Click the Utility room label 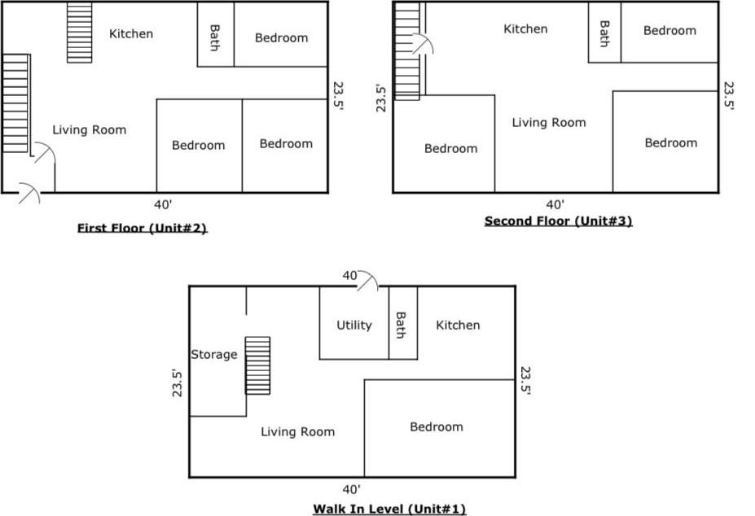point(354,326)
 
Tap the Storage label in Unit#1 point(213,355)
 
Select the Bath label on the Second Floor point(604,33)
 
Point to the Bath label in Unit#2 point(215,37)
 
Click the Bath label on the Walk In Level point(401,325)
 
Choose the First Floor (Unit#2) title point(142,228)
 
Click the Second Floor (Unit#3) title point(558,221)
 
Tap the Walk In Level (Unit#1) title point(389,509)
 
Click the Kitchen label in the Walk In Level point(458,326)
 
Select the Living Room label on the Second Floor point(549,123)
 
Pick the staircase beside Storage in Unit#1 point(257,365)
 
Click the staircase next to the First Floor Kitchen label point(80,33)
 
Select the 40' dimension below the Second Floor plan point(555,205)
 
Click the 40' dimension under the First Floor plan point(163,205)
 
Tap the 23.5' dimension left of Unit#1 point(178,383)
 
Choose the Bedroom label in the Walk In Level point(437,427)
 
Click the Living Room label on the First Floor point(90,130)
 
